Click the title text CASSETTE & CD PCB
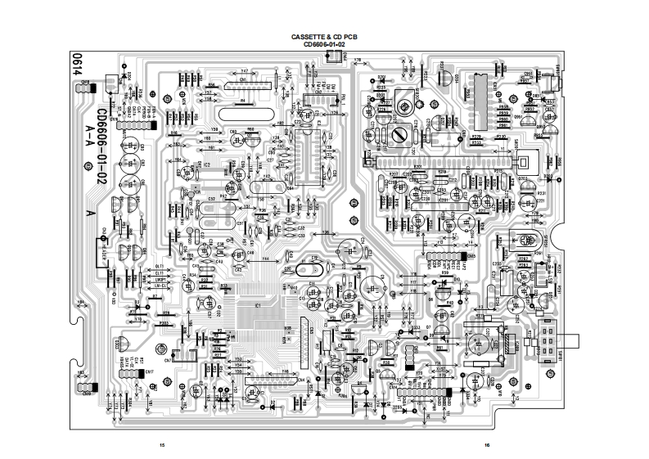click(x=325, y=38)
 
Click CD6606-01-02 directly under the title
click(x=325, y=45)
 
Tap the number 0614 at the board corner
click(x=76, y=65)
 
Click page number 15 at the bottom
click(x=162, y=444)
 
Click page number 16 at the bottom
click(x=486, y=444)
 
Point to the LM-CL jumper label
click(x=160, y=285)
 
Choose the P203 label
click(x=164, y=323)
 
